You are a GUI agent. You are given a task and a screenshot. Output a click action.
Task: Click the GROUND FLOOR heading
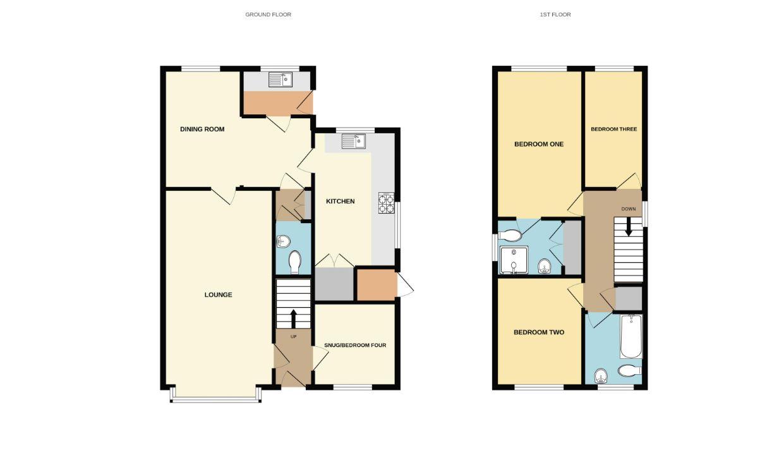(x=268, y=15)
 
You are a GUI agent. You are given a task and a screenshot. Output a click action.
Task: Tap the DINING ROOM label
(x=202, y=130)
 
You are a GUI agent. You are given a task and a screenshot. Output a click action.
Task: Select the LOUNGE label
(x=218, y=294)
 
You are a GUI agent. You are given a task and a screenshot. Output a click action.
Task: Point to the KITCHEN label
(x=340, y=202)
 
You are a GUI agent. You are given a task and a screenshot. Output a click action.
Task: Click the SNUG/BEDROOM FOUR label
(x=354, y=346)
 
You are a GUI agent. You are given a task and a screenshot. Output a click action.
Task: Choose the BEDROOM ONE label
(x=538, y=144)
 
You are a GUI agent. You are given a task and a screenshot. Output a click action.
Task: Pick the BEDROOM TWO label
(x=538, y=332)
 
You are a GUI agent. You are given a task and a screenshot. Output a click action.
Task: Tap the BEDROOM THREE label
(x=613, y=130)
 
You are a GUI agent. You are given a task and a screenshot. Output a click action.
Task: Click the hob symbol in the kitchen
(x=386, y=202)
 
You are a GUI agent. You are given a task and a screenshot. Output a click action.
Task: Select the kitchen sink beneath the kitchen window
(x=354, y=142)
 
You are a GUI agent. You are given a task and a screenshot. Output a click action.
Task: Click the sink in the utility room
(x=280, y=80)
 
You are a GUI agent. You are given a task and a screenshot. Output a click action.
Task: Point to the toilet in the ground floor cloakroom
(x=294, y=262)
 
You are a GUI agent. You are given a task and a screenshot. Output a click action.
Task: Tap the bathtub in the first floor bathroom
(x=631, y=337)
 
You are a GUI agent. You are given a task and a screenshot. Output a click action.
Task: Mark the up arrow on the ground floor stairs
(x=293, y=317)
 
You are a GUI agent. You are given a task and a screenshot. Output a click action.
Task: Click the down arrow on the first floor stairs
(x=628, y=228)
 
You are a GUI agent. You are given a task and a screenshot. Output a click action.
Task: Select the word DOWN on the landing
(x=628, y=209)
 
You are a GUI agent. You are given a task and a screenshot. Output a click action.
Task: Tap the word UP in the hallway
(x=293, y=337)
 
